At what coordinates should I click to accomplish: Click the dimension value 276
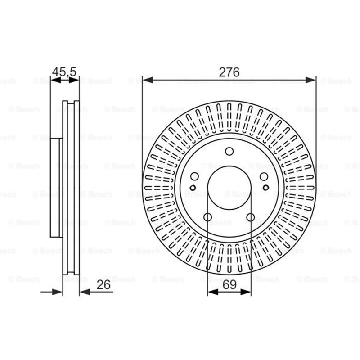229,72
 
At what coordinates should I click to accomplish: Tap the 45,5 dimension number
64,72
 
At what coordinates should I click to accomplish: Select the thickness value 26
103,285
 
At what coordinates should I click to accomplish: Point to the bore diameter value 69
229,285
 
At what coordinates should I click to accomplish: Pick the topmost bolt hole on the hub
229,151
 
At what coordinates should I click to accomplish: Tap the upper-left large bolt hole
194,176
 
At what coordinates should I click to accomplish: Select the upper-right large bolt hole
264,176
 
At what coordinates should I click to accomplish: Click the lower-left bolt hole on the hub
208,217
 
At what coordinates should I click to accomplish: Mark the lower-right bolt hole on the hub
251,217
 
